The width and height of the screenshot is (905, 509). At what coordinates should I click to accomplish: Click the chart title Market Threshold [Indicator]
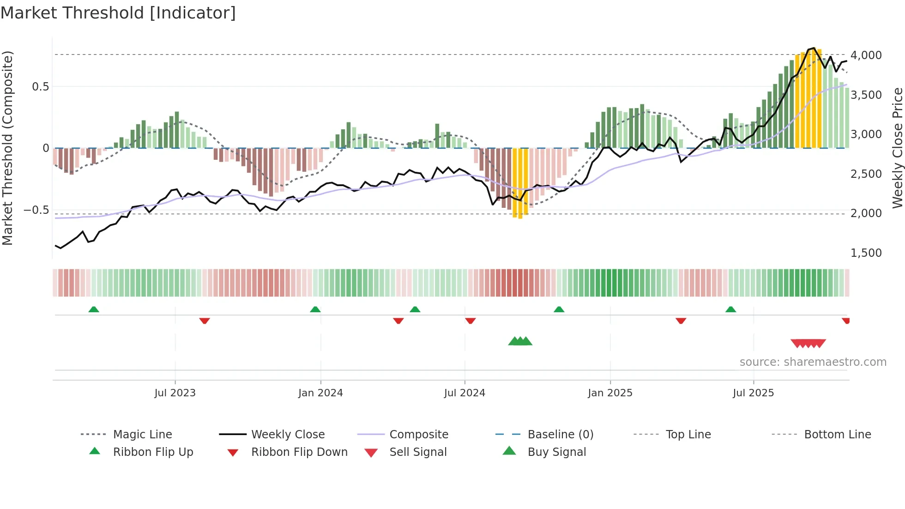pos(118,13)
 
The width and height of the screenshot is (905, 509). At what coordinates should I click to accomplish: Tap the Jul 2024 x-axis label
pos(465,393)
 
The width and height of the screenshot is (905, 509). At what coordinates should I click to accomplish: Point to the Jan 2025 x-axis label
pos(610,393)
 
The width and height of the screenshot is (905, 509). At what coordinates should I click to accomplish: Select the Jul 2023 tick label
pos(175,393)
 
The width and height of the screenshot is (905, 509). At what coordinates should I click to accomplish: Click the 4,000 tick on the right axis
pos(866,55)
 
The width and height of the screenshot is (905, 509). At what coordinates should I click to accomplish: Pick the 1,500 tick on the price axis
pos(866,253)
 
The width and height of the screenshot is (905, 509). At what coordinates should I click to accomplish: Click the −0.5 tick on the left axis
pos(36,210)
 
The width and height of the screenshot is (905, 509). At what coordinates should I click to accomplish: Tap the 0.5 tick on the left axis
pos(40,87)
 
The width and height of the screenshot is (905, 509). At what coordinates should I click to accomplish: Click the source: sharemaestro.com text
pos(813,362)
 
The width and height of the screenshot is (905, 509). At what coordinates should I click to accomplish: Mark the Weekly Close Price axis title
pos(897,148)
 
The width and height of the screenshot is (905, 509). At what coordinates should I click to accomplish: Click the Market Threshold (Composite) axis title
pos(7,148)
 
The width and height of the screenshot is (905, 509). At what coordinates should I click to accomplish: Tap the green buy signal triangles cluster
pos(520,342)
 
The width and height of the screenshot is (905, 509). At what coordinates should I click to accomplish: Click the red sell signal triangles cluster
pos(808,344)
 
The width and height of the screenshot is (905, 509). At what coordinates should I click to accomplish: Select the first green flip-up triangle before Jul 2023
pos(94,309)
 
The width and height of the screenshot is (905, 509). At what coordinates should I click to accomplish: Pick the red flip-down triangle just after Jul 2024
pos(471,321)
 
